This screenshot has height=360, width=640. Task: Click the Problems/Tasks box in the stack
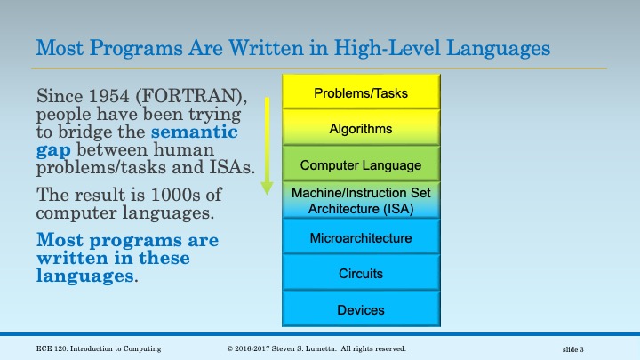click(x=361, y=93)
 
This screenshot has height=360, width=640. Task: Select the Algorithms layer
click(x=361, y=129)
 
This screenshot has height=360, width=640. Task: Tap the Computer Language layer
click(x=361, y=165)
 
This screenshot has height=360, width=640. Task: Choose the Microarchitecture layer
click(x=361, y=238)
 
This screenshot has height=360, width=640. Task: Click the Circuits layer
click(x=361, y=274)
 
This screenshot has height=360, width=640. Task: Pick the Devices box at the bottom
click(x=361, y=310)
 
